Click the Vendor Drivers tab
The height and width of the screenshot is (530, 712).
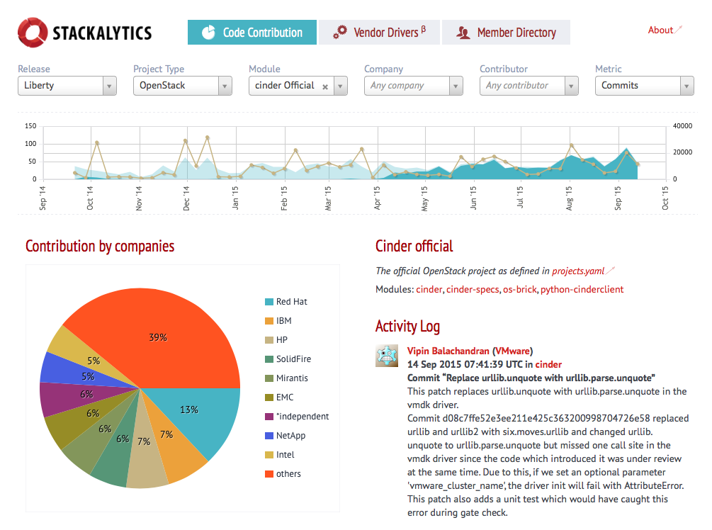click(x=379, y=33)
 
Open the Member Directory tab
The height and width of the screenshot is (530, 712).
click(x=506, y=33)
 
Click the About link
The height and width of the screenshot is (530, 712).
click(x=661, y=30)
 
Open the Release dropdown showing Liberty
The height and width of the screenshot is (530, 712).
click(x=67, y=86)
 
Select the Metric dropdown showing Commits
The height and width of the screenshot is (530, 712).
click(x=644, y=86)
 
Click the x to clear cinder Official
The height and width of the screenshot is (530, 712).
click(x=325, y=86)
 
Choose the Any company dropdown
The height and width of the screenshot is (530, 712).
click(x=413, y=86)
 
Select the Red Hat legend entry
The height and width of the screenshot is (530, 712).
click(x=291, y=302)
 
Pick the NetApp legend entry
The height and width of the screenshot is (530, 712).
click(x=290, y=436)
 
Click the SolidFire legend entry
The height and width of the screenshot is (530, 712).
click(x=293, y=359)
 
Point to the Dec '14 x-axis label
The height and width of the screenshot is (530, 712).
click(x=187, y=198)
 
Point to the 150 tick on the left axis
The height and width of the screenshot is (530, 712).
click(x=30, y=126)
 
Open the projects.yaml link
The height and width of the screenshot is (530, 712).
click(x=578, y=271)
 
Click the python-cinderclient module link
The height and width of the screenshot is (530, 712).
click(x=582, y=289)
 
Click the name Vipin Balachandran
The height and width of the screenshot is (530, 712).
click(x=448, y=351)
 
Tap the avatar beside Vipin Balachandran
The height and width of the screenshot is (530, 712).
click(x=387, y=356)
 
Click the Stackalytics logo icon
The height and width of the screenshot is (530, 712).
click(x=33, y=33)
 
